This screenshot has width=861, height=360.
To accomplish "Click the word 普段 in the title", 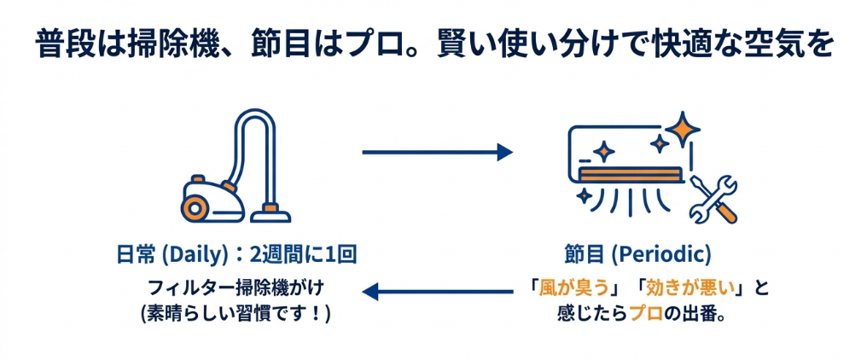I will (x=69, y=44).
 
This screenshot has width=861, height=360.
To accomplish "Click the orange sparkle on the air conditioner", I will (x=604, y=152).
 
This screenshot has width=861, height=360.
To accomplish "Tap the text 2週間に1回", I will (x=299, y=254).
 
